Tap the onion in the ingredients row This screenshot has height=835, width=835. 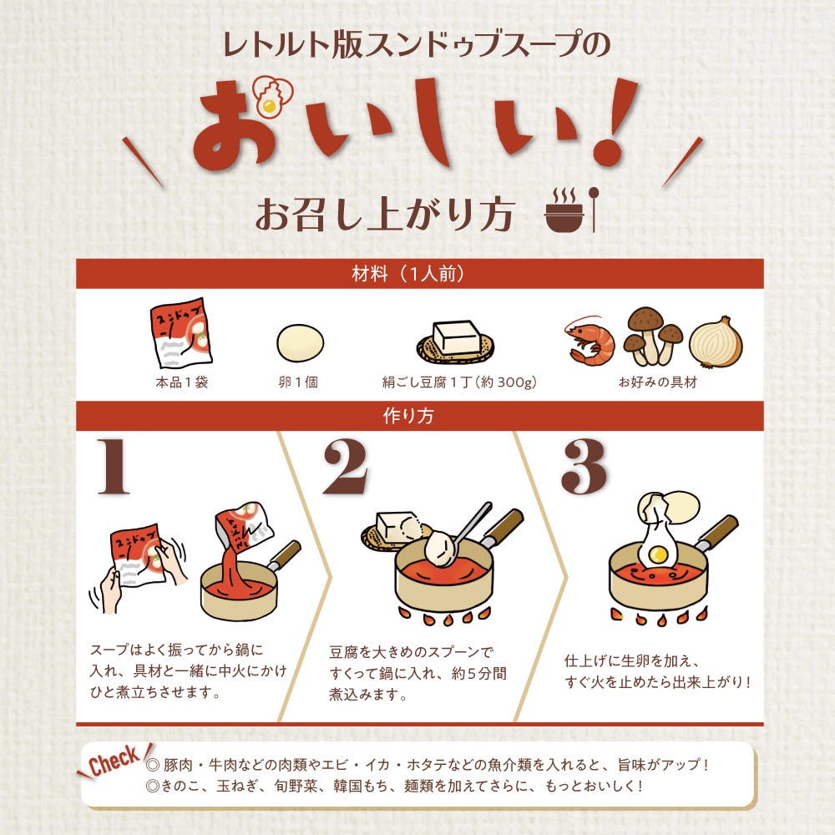tap(716, 342)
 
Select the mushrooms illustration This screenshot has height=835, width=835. tap(653, 336)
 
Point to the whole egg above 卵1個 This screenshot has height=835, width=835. tap(301, 343)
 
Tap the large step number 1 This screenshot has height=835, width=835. tap(114, 467)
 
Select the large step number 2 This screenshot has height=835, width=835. tap(346, 467)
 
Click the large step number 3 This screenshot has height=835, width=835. tap(584, 467)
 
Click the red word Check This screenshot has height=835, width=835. tap(114, 761)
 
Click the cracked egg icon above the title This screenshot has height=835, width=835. tap(273, 95)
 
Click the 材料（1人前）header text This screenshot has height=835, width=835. tap(408, 274)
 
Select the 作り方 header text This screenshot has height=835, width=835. tap(408, 416)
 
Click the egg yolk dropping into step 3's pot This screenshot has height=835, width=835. tap(659, 555)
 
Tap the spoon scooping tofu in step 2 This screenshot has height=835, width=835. tap(463, 534)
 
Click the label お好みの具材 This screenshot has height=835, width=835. tap(657, 382)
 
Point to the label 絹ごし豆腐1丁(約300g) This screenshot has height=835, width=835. tap(459, 382)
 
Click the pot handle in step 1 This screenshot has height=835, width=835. tap(285, 554)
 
